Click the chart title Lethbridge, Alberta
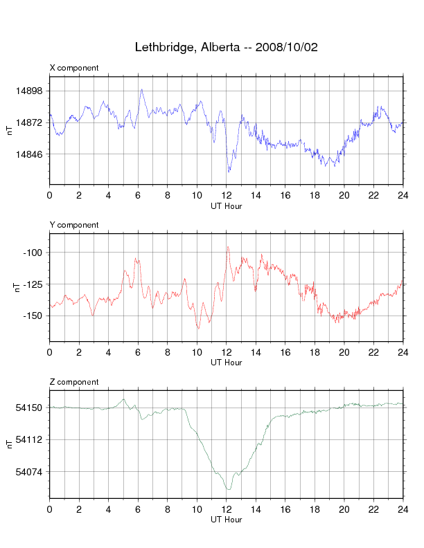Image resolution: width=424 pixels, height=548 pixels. (226, 47)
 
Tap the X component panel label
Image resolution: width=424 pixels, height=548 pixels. (74, 68)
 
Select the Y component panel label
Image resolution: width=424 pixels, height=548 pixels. (74, 225)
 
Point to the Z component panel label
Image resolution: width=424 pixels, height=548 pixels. (74, 382)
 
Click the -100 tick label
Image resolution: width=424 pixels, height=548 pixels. (33, 253)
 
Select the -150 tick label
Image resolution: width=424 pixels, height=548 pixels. (33, 316)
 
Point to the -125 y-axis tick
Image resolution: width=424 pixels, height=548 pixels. (33, 284)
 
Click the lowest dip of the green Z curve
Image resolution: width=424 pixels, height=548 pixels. (228, 489)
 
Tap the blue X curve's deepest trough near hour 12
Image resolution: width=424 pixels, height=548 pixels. (228, 172)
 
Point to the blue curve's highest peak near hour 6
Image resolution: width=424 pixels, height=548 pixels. (141, 89)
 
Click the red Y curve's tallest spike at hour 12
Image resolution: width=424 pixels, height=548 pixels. (227, 247)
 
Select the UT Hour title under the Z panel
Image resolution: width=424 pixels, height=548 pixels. (226, 520)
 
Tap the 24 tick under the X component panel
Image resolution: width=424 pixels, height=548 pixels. (403, 195)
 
